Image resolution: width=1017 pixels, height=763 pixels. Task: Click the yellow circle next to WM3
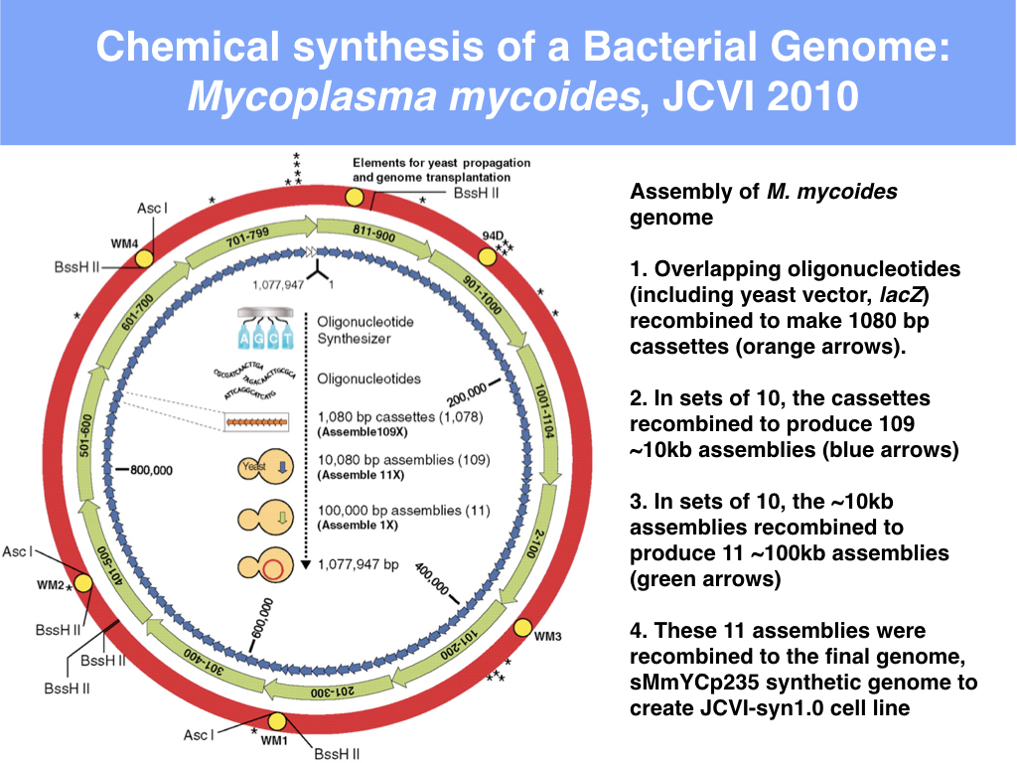click(521, 628)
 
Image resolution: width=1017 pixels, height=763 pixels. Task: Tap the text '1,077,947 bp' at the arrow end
click(358, 564)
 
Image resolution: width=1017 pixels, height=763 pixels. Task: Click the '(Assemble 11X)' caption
click(359, 475)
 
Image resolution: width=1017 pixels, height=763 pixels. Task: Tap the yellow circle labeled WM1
click(277, 722)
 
